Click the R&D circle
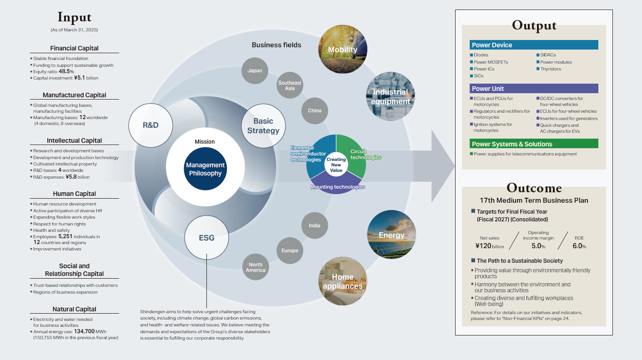pos(150,125)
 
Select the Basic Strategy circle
pos(263,126)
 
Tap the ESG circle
pos(206,238)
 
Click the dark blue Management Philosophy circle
pos(205,169)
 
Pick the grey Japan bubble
pos(255,70)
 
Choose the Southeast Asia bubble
pos(290,85)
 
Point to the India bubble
pos(315,225)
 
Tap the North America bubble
pos(256,267)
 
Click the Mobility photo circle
pos(343,50)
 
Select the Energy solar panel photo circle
pos(391,235)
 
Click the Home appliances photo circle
pos(343,281)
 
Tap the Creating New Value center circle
pos(336,165)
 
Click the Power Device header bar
pos(534,45)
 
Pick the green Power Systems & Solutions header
pos(534,144)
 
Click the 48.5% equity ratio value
pos(66,71)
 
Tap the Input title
pos(75,17)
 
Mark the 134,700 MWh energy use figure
pos(85,331)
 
